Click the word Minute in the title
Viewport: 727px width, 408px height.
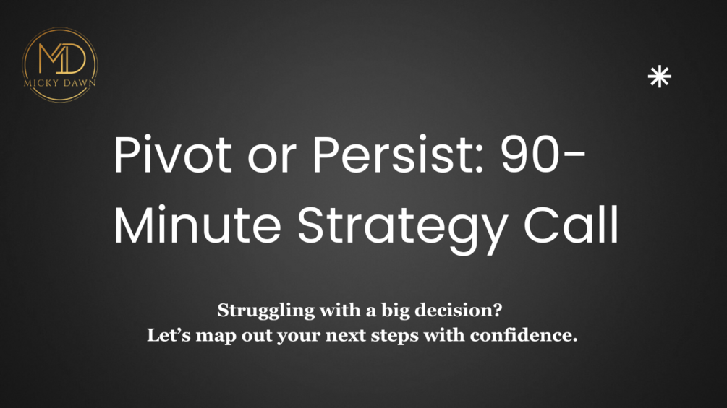(x=199, y=226)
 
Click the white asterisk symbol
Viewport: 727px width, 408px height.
(x=659, y=77)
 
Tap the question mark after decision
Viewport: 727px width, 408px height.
(x=499, y=311)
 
